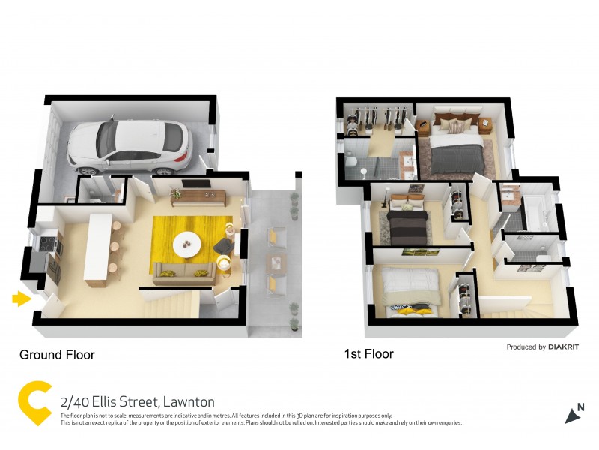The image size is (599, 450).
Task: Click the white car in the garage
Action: point(129,144)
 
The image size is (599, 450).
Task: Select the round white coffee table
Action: point(186,243)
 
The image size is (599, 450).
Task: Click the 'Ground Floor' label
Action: point(57,354)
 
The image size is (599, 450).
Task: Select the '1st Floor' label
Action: point(368,354)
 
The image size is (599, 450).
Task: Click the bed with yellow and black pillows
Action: point(410,292)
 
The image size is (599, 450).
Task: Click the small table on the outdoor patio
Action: point(276,262)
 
